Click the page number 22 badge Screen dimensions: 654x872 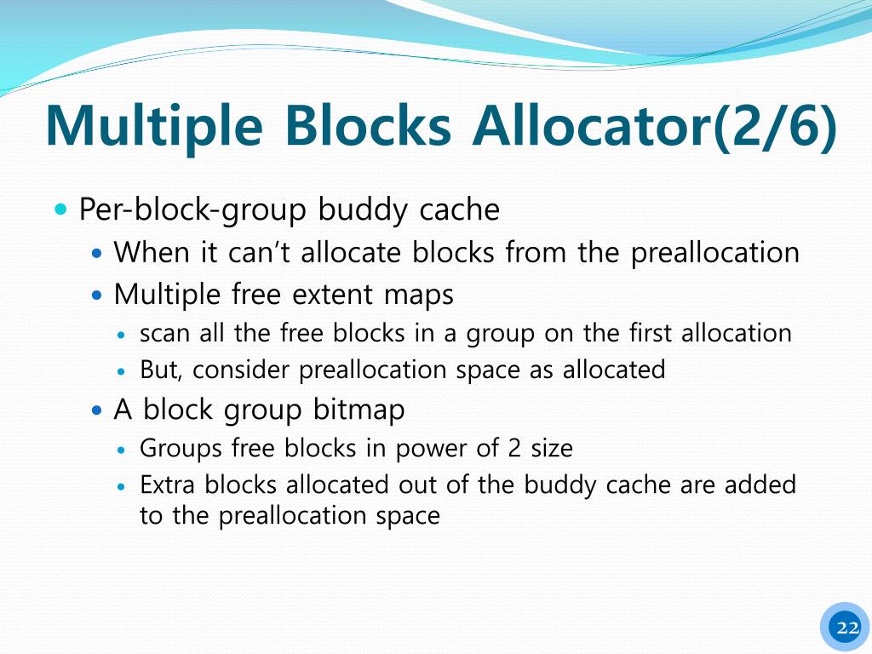pyautogui.click(x=846, y=628)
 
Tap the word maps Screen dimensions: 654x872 pyautogui.click(x=416, y=295)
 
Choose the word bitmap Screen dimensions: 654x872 pyautogui.click(x=359, y=410)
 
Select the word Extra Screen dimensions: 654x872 pyautogui.click(x=168, y=485)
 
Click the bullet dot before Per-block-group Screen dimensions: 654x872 pyautogui.click(x=60, y=209)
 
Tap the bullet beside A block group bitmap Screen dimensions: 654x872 pyautogui.click(x=96, y=410)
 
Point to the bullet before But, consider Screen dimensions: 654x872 pyautogui.click(x=123, y=371)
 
